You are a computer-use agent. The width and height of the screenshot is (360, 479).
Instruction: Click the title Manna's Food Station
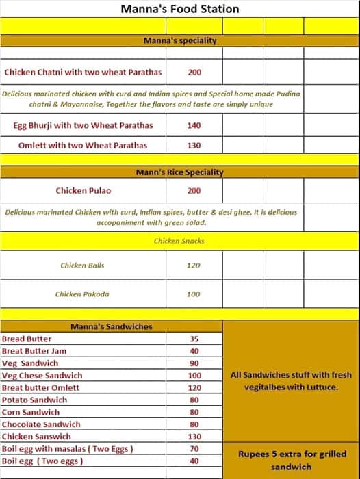180,9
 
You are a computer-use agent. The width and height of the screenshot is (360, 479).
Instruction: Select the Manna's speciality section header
180,40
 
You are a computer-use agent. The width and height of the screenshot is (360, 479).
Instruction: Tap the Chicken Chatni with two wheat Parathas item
83,72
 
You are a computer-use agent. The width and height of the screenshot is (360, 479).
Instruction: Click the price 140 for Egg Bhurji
194,125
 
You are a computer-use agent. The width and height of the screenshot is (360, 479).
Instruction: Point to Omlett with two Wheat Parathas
83,145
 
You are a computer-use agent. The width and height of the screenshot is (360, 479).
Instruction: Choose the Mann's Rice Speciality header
179,172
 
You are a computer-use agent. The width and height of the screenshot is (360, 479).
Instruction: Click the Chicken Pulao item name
83,191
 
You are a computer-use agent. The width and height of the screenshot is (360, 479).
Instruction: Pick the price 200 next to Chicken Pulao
194,191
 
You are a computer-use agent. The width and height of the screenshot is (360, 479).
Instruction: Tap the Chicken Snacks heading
179,241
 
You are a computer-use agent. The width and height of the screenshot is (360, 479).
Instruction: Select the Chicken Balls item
83,265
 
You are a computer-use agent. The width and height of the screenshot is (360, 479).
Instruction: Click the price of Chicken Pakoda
194,294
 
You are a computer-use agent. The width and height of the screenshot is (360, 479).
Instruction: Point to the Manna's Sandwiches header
112,326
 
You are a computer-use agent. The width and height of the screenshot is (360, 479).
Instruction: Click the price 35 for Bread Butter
194,339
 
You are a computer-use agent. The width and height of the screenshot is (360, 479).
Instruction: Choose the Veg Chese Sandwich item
42,375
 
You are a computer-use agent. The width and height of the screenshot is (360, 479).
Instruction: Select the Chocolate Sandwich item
41,424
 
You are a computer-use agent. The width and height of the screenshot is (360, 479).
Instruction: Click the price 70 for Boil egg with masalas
194,449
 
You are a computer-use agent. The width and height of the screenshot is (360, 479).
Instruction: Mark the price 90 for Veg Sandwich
194,363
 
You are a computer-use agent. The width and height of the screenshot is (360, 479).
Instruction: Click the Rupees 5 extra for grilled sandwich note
291,460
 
